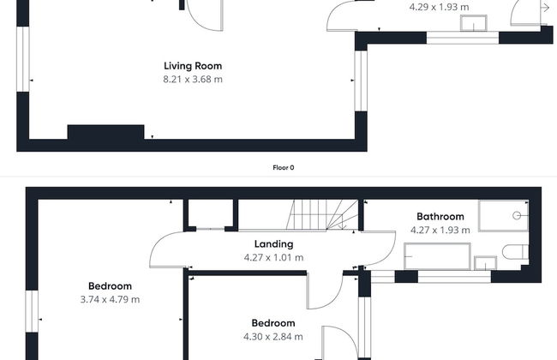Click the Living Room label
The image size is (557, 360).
point(193,66)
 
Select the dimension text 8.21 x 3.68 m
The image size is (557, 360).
point(193,79)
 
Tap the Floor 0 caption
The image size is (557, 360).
point(282,168)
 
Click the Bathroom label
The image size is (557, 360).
point(440,217)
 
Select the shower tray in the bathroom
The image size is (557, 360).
point(506,216)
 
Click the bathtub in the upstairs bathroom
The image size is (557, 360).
point(437,255)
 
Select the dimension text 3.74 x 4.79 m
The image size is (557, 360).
point(110,299)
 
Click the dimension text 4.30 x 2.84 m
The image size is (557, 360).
point(273,337)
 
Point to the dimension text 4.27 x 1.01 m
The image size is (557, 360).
point(273,257)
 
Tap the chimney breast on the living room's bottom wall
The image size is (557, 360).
point(105,133)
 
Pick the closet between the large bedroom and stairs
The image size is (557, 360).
point(211,214)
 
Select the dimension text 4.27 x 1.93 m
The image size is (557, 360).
point(440,230)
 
